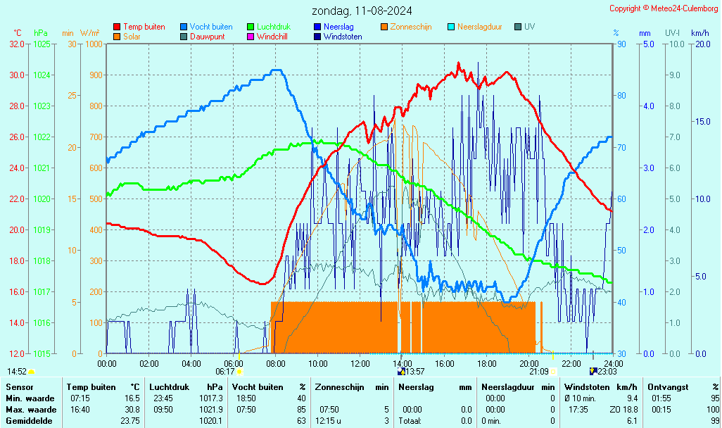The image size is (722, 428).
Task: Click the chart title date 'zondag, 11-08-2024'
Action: click(362, 11)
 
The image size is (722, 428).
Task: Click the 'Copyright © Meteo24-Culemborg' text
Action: click(664, 8)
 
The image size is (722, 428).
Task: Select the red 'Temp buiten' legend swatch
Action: click(117, 27)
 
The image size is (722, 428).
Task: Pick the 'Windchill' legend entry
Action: click(272, 37)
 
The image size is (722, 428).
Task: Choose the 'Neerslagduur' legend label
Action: click(479, 27)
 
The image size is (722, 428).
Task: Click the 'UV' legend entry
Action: click(529, 27)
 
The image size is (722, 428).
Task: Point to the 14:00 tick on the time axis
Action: click(402, 363)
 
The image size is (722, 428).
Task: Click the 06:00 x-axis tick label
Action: click(233, 363)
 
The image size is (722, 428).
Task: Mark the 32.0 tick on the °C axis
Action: click(16, 44)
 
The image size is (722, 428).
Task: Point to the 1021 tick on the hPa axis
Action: click(42, 168)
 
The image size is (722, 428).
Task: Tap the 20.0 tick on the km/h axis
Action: click(701, 44)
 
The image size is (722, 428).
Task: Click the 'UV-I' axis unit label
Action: click(672, 33)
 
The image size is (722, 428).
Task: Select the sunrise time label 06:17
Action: click(225, 372)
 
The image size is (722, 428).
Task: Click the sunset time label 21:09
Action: click(539, 372)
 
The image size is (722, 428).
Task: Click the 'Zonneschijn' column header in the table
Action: click(340, 387)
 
